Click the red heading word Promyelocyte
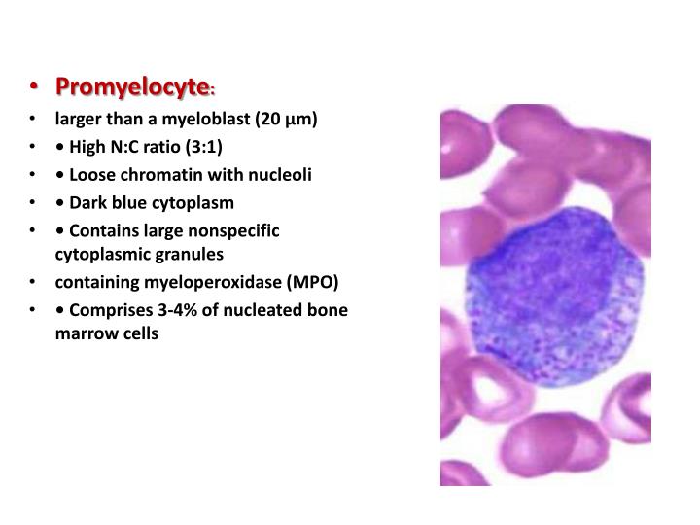pos(133,87)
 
